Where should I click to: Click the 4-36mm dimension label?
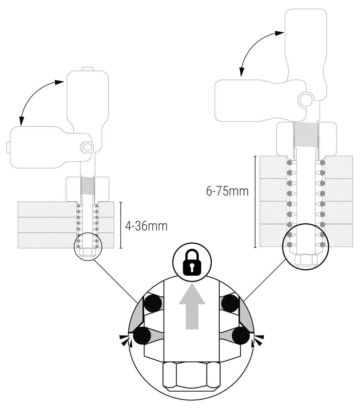pyautogui.click(x=147, y=226)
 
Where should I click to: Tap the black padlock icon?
pyautogui.click(x=192, y=263)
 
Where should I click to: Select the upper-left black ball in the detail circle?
pyautogui.click(x=153, y=303)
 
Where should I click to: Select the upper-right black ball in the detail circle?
pyautogui.click(x=230, y=303)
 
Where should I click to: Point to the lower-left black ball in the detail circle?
pyautogui.click(x=142, y=336)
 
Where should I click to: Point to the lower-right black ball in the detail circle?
pyautogui.click(x=241, y=336)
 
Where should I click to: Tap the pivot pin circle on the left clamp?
pyautogui.click(x=87, y=147)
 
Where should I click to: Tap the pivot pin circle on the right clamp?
pyautogui.click(x=305, y=100)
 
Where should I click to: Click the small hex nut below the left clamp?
pyautogui.click(x=88, y=252)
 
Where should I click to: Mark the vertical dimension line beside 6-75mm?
pyautogui.click(x=255, y=202)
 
